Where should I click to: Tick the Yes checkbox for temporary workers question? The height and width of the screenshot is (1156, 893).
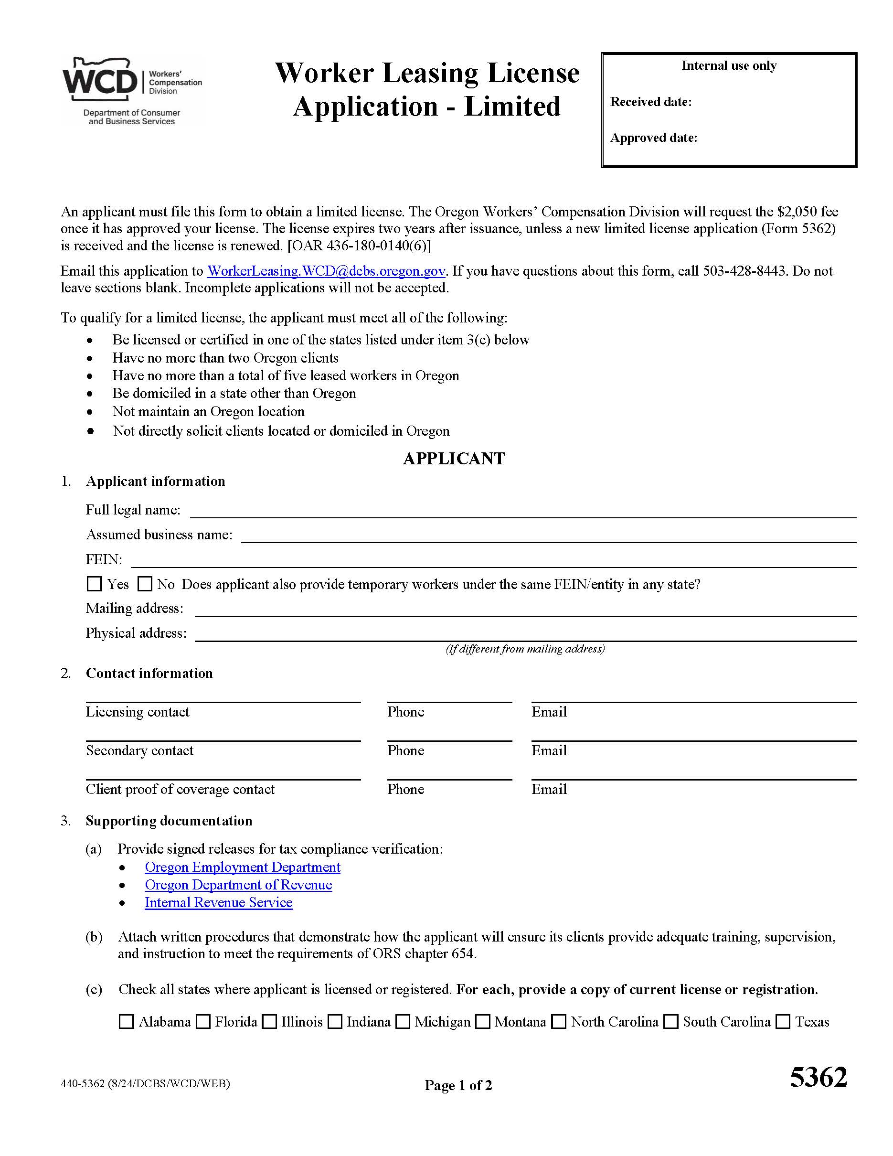click(94, 584)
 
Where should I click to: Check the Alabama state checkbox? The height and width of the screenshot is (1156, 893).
click(127, 1022)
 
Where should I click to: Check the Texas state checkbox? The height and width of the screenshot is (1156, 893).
click(783, 1022)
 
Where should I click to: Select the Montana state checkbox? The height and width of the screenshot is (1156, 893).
click(482, 1022)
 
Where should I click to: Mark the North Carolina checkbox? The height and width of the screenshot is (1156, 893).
click(559, 1022)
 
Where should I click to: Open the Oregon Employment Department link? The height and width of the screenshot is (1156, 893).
click(242, 867)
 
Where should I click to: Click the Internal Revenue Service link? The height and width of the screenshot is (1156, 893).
click(219, 902)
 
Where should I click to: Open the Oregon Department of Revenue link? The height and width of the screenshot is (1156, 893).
click(238, 885)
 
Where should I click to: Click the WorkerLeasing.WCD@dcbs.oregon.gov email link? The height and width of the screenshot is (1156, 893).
click(326, 271)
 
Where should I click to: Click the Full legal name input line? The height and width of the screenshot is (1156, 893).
click(523, 511)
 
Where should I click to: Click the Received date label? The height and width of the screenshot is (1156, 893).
click(651, 102)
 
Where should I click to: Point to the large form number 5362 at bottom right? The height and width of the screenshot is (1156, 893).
click(818, 1077)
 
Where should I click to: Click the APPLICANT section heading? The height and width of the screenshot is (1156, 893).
click(453, 459)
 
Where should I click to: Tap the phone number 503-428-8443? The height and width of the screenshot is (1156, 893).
click(744, 271)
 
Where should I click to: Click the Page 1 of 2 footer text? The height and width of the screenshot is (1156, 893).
click(458, 1086)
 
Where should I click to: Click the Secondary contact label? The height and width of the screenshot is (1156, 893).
click(139, 750)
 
